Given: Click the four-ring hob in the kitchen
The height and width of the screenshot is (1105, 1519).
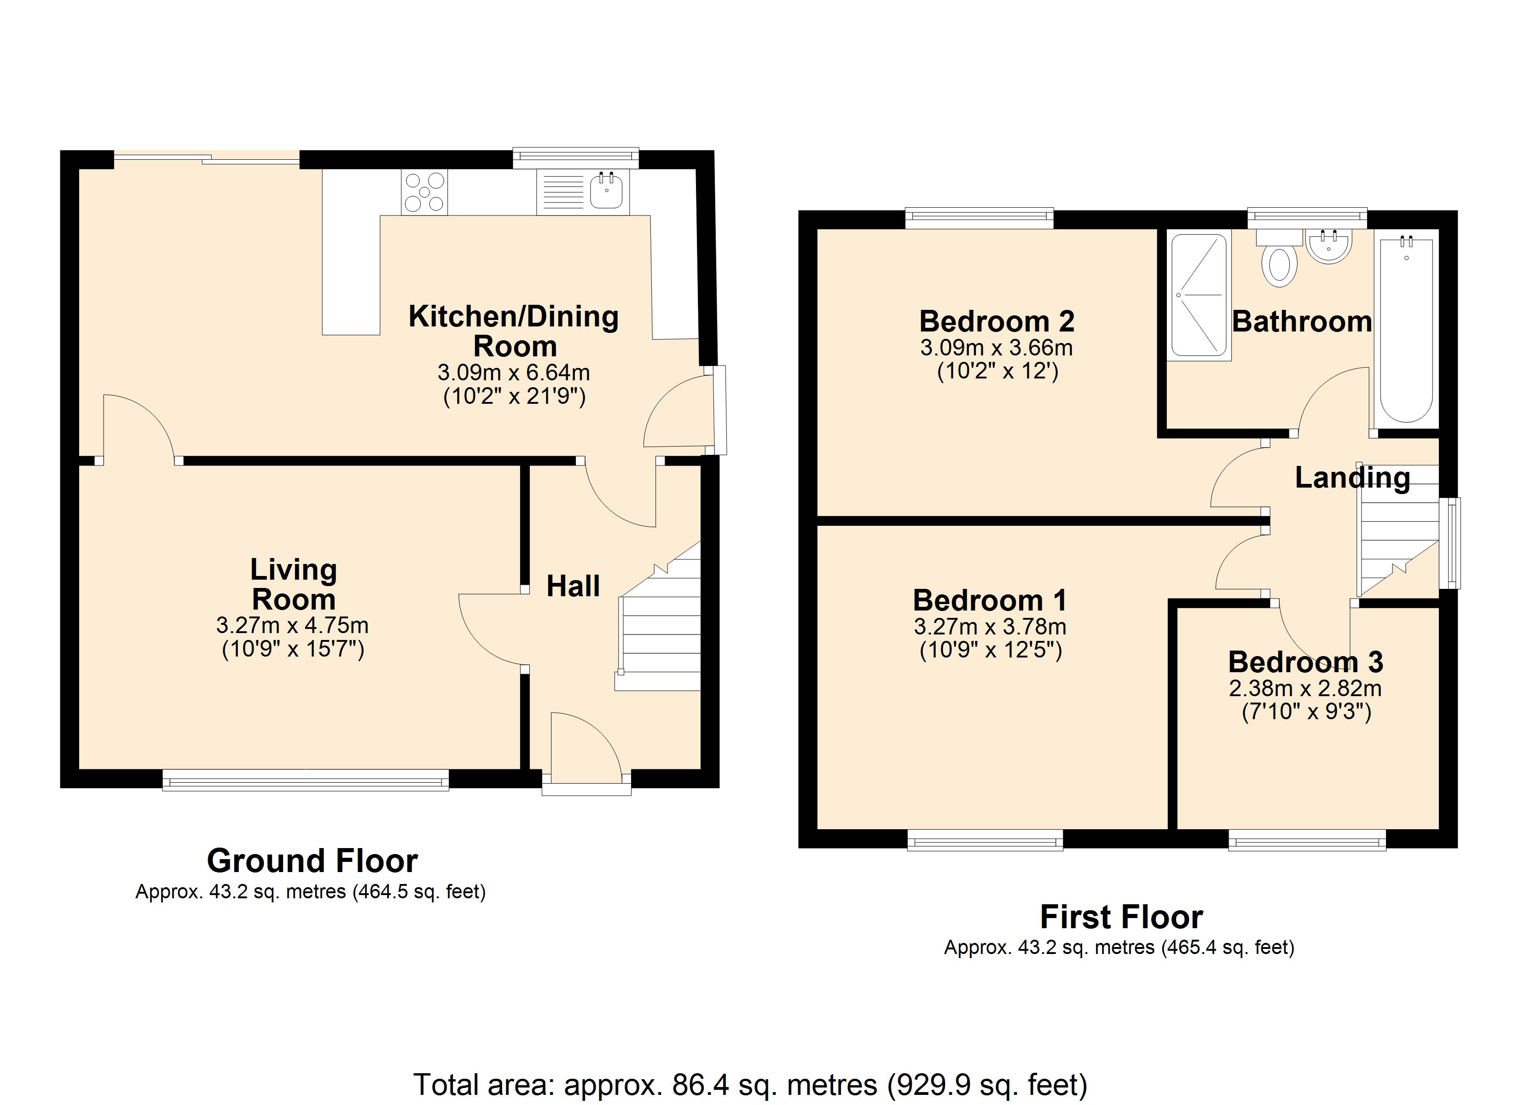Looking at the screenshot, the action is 424,192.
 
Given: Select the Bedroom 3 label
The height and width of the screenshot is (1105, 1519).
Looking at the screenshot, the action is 1305,662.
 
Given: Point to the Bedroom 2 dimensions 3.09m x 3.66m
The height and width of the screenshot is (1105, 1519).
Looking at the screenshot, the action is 997,348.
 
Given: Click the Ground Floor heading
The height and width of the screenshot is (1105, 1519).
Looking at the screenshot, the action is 312,861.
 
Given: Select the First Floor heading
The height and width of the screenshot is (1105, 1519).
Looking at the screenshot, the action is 1121,917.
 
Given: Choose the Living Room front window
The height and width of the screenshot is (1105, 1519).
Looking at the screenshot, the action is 305,780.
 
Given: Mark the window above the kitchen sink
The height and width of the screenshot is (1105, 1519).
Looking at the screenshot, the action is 576,157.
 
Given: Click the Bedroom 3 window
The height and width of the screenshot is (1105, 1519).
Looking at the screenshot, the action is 1307,840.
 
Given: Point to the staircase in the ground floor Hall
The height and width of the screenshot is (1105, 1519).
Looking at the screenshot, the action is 658,616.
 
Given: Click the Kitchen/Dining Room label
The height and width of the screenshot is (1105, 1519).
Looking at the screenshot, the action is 514,331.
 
